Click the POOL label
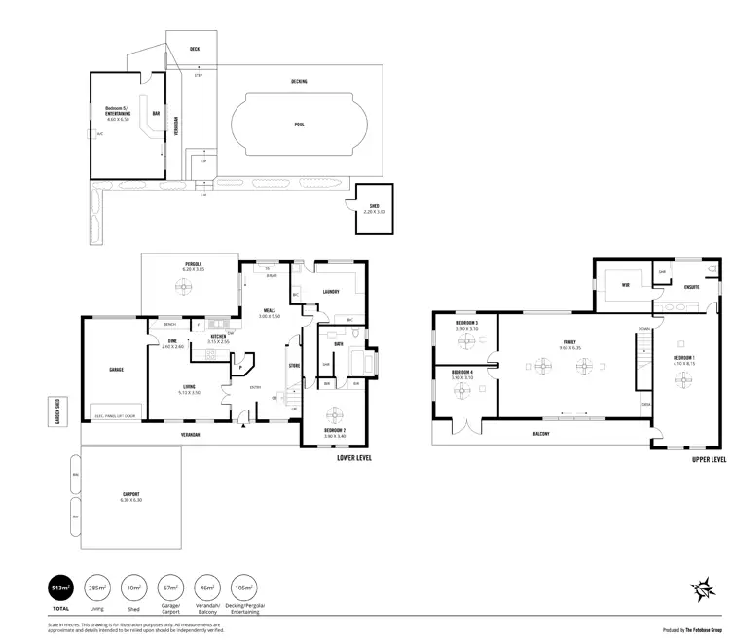coord(299,125)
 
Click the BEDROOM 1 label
coord(684,359)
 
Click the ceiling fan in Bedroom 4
coord(461,391)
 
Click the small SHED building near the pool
coord(375,207)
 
